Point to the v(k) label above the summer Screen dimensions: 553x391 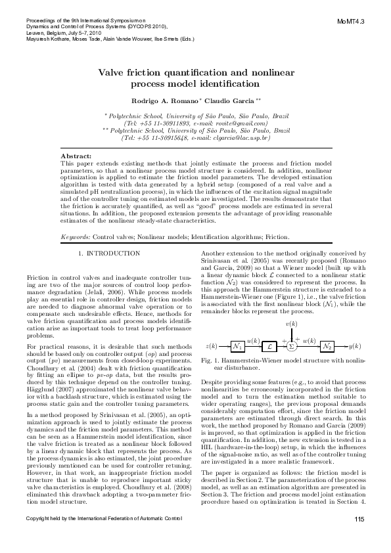[292, 324]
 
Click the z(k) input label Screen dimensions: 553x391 [212, 345]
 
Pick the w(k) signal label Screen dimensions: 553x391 [309, 340]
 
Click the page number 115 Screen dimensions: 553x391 [358, 538]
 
